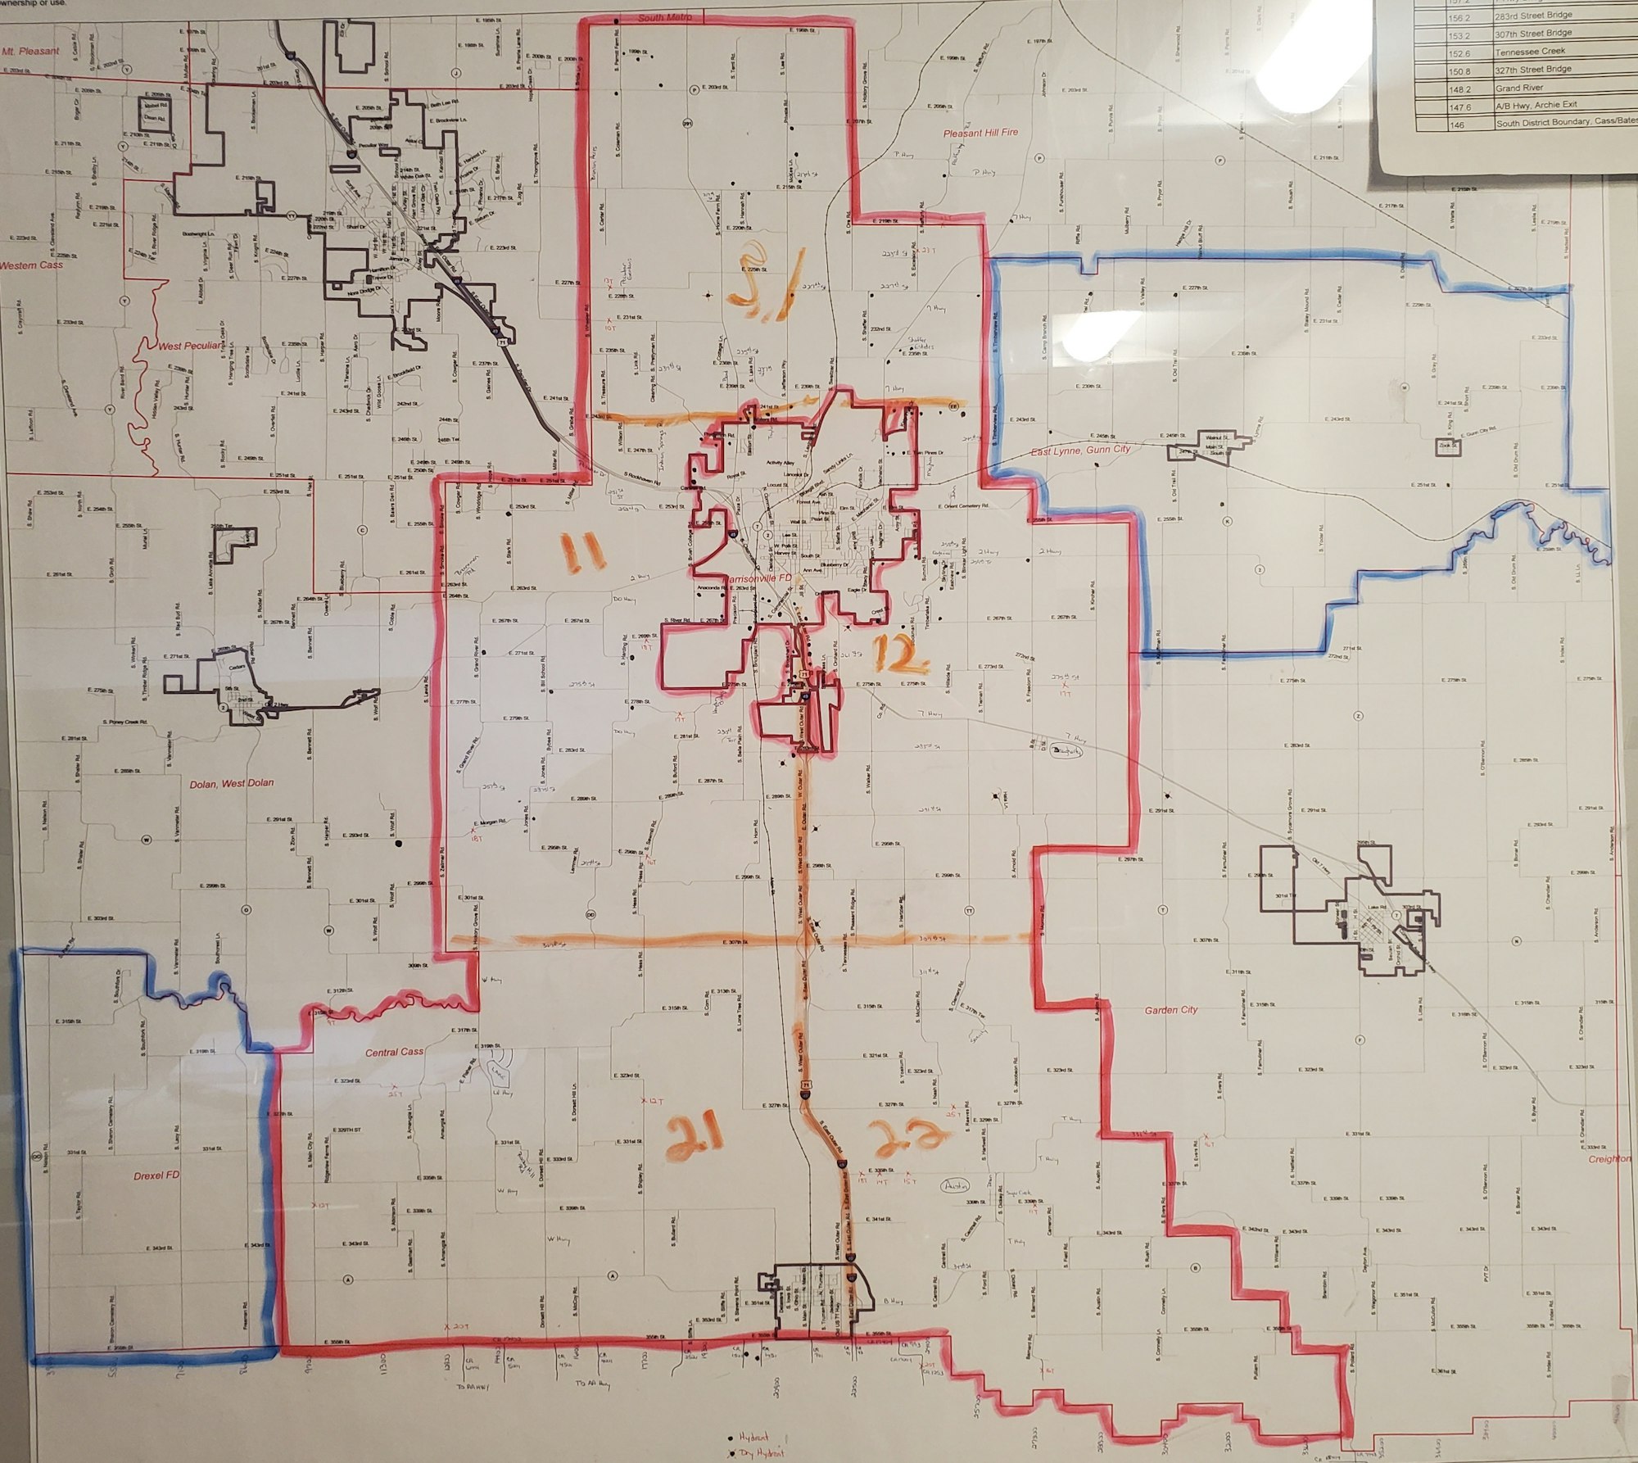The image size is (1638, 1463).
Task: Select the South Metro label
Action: [x=665, y=17]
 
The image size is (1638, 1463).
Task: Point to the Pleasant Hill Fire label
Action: [x=980, y=131]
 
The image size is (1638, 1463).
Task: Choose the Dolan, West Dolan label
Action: [x=232, y=783]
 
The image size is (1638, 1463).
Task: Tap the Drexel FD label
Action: [x=156, y=1175]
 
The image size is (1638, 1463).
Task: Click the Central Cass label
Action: [x=393, y=1052]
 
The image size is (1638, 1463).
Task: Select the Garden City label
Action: [x=1171, y=1010]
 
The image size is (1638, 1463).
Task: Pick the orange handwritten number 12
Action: [x=899, y=654]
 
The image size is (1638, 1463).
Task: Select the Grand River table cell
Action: [x=1519, y=88]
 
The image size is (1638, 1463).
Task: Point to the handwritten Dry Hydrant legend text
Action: [x=762, y=1454]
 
